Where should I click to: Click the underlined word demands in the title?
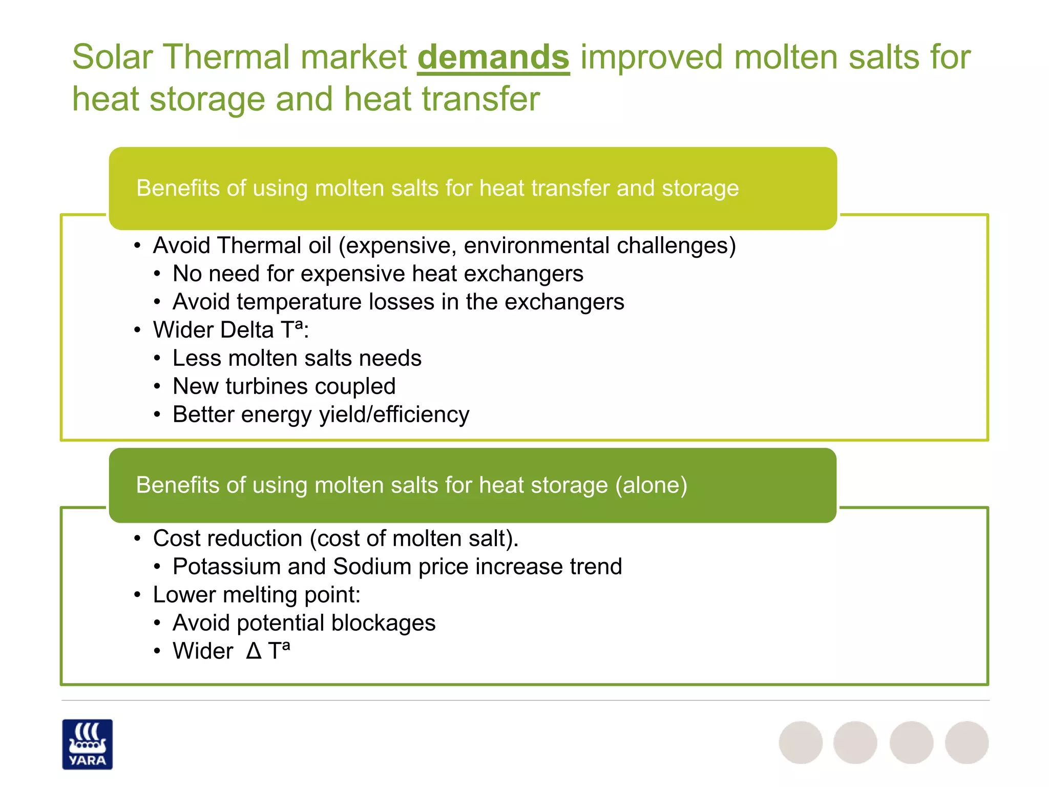click(x=493, y=57)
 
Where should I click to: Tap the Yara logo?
click(x=87, y=744)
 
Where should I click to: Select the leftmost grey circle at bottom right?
click(x=801, y=742)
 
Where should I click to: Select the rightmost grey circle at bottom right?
click(x=967, y=742)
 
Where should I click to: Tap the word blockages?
click(x=383, y=623)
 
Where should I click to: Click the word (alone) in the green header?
click(x=651, y=485)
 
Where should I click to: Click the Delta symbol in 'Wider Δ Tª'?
click(x=254, y=651)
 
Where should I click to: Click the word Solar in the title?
click(x=112, y=57)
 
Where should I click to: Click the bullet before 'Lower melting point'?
click(x=137, y=595)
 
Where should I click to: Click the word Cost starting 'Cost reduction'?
click(x=176, y=539)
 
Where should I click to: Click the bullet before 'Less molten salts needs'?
click(x=157, y=358)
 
